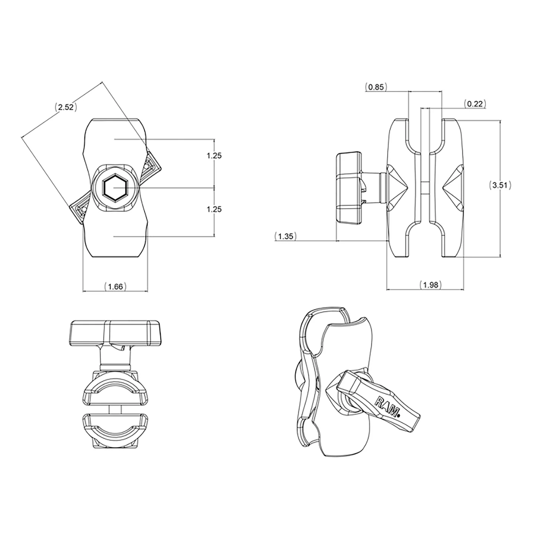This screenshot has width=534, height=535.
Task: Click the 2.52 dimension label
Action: tap(66, 107)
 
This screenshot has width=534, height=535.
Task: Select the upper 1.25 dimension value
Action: tap(214, 156)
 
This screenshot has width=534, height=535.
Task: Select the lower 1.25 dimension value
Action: tap(214, 209)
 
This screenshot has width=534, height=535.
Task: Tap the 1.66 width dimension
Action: tap(115, 286)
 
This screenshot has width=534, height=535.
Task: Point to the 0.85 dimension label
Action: tap(376, 87)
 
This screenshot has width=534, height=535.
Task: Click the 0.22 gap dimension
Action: tap(475, 103)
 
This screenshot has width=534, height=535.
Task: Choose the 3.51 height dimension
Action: tap(500, 185)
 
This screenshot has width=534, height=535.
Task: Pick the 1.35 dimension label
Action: tap(285, 236)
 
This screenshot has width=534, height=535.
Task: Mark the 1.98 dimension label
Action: tap(431, 284)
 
